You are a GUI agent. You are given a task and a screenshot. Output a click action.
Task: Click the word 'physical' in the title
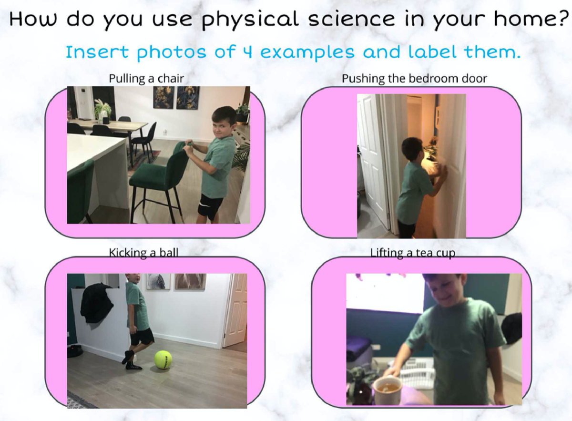tap(250, 20)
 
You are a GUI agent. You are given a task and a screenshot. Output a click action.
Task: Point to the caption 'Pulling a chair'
tap(146, 78)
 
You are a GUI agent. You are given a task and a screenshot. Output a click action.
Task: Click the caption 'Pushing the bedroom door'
tap(414, 78)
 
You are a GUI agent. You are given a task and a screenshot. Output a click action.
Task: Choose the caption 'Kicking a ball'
tap(143, 253)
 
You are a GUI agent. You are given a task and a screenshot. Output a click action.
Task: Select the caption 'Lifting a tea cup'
tap(413, 253)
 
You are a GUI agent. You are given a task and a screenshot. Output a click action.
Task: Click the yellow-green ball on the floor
tap(163, 359)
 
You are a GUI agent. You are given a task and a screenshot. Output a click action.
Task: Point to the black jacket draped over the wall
tap(96, 302)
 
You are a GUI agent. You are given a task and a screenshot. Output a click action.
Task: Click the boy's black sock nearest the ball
tap(133, 365)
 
